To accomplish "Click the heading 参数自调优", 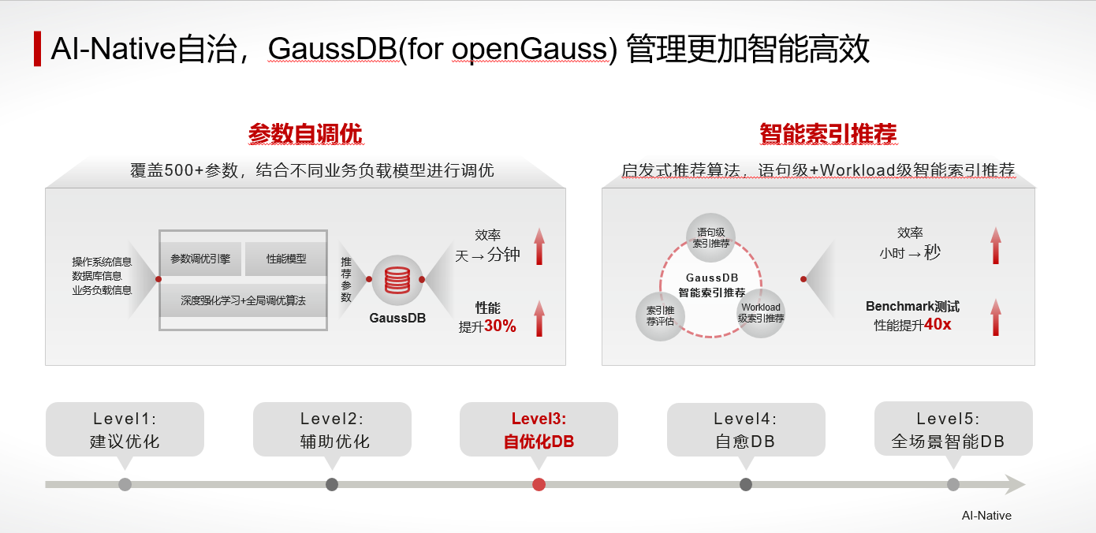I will [x=305, y=134].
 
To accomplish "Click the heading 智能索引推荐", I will [x=828, y=134].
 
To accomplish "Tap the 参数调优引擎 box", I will [x=200, y=259].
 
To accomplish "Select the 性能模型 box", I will [x=285, y=259].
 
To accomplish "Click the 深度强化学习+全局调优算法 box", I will [x=243, y=300].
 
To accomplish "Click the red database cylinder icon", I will [x=397, y=280].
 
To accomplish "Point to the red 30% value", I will [x=500, y=326].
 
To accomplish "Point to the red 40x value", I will [x=938, y=324].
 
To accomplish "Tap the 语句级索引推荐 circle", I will [x=710, y=237].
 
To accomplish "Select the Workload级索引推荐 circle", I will [x=761, y=313].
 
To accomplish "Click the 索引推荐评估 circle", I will [x=660, y=316].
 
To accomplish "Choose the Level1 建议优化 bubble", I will [x=125, y=429].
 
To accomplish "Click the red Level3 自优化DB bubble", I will [x=539, y=429].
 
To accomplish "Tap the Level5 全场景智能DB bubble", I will [x=952, y=429].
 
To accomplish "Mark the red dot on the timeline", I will [x=539, y=484].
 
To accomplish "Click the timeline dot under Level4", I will [x=746, y=484].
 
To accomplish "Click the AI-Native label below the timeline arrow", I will [x=986, y=516].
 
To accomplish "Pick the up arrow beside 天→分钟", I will [x=539, y=246].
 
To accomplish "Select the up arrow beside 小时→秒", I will [x=996, y=245].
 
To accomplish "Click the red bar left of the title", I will [x=37, y=49].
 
